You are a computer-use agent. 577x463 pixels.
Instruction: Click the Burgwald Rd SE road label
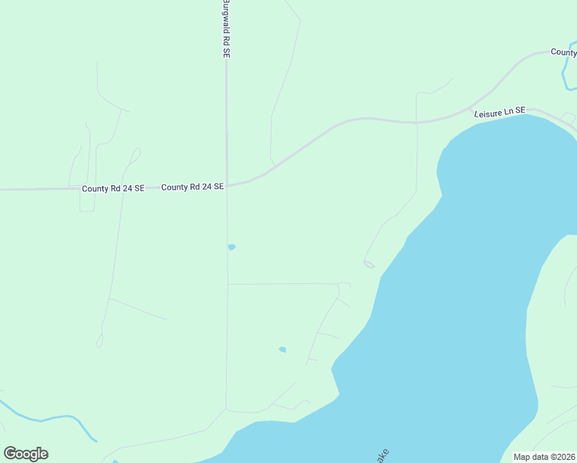pos(227,29)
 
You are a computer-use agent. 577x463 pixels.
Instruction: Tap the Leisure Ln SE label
pos(499,112)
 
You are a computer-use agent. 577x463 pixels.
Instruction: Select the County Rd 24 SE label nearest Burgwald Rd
pos(192,187)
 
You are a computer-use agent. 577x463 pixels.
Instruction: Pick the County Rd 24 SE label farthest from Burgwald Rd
pos(113,188)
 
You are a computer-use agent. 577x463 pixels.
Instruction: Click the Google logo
pos(25,454)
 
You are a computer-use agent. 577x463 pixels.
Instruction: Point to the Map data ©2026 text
pos(544,457)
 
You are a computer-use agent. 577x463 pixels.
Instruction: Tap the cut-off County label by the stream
pos(563,52)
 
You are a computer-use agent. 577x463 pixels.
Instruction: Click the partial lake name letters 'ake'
pos(381,455)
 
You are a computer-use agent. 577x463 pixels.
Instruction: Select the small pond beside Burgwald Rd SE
pos(231,247)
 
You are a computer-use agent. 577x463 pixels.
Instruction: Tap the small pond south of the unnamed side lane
pos(282,350)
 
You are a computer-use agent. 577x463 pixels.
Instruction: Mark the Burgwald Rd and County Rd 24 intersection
pos(227,185)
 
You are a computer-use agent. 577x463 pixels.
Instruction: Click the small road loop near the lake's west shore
pos(369,265)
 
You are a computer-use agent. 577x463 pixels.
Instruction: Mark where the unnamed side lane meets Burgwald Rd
pos(227,284)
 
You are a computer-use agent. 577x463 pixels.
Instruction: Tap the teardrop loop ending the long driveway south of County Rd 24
pos(99,340)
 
